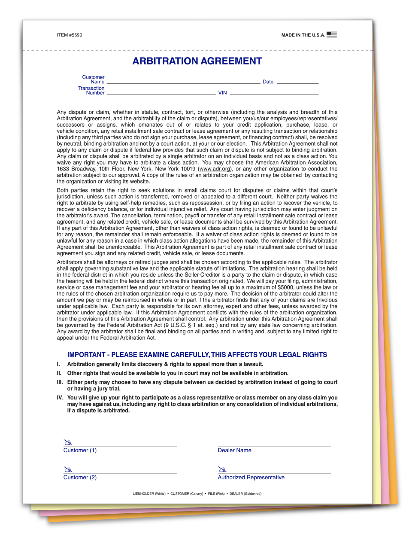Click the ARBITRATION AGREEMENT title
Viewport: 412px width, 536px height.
click(197, 61)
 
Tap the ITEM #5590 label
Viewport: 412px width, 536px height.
click(69, 35)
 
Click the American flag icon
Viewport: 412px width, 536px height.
click(331, 35)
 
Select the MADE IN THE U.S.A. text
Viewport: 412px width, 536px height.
click(303, 35)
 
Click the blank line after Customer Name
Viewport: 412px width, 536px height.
click(183, 82)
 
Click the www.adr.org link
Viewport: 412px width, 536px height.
click(215, 169)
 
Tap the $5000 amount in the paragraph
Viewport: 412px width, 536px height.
click(285, 287)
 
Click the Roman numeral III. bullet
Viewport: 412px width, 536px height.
click(60, 382)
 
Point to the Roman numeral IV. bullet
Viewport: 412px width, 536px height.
click(60, 398)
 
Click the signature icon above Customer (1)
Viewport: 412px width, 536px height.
click(68, 442)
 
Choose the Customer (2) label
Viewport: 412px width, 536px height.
click(80, 478)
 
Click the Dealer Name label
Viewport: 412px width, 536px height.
click(234, 451)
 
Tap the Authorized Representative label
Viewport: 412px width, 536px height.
click(251, 478)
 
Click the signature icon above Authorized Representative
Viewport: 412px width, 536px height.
click(222, 469)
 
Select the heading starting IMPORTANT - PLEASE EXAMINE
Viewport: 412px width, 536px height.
click(197, 355)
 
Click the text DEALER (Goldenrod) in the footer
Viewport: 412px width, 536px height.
click(245, 494)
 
